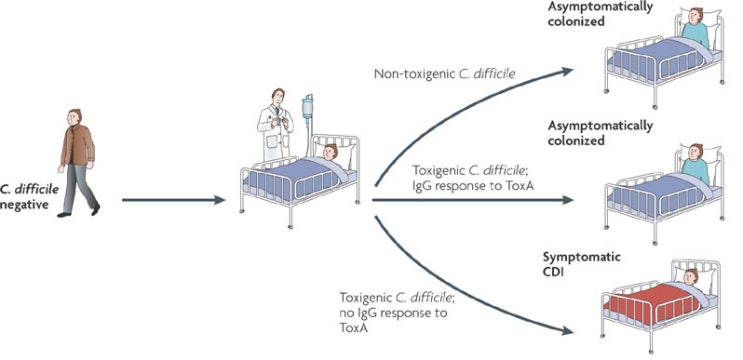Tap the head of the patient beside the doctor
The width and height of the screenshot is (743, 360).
(330, 155)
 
